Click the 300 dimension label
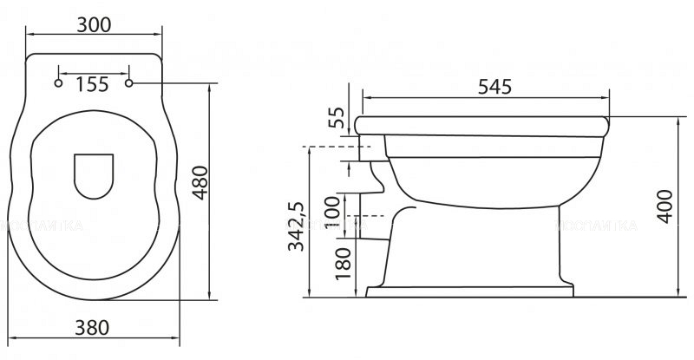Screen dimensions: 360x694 [x=94, y=24]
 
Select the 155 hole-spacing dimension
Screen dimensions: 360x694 [x=93, y=84]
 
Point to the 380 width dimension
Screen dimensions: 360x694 [x=92, y=327]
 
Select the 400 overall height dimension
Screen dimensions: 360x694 [x=665, y=206]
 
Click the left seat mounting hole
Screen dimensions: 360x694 [x=58, y=83]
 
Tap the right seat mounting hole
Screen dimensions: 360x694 [x=131, y=83]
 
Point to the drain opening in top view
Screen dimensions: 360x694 [x=94, y=174]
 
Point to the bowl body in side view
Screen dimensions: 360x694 [x=494, y=173]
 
